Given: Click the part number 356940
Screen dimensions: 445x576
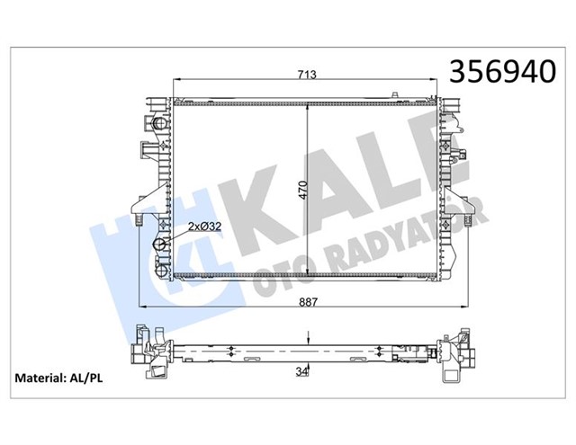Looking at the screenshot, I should (x=505, y=71).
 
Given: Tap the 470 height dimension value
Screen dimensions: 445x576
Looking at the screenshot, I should (x=303, y=190).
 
